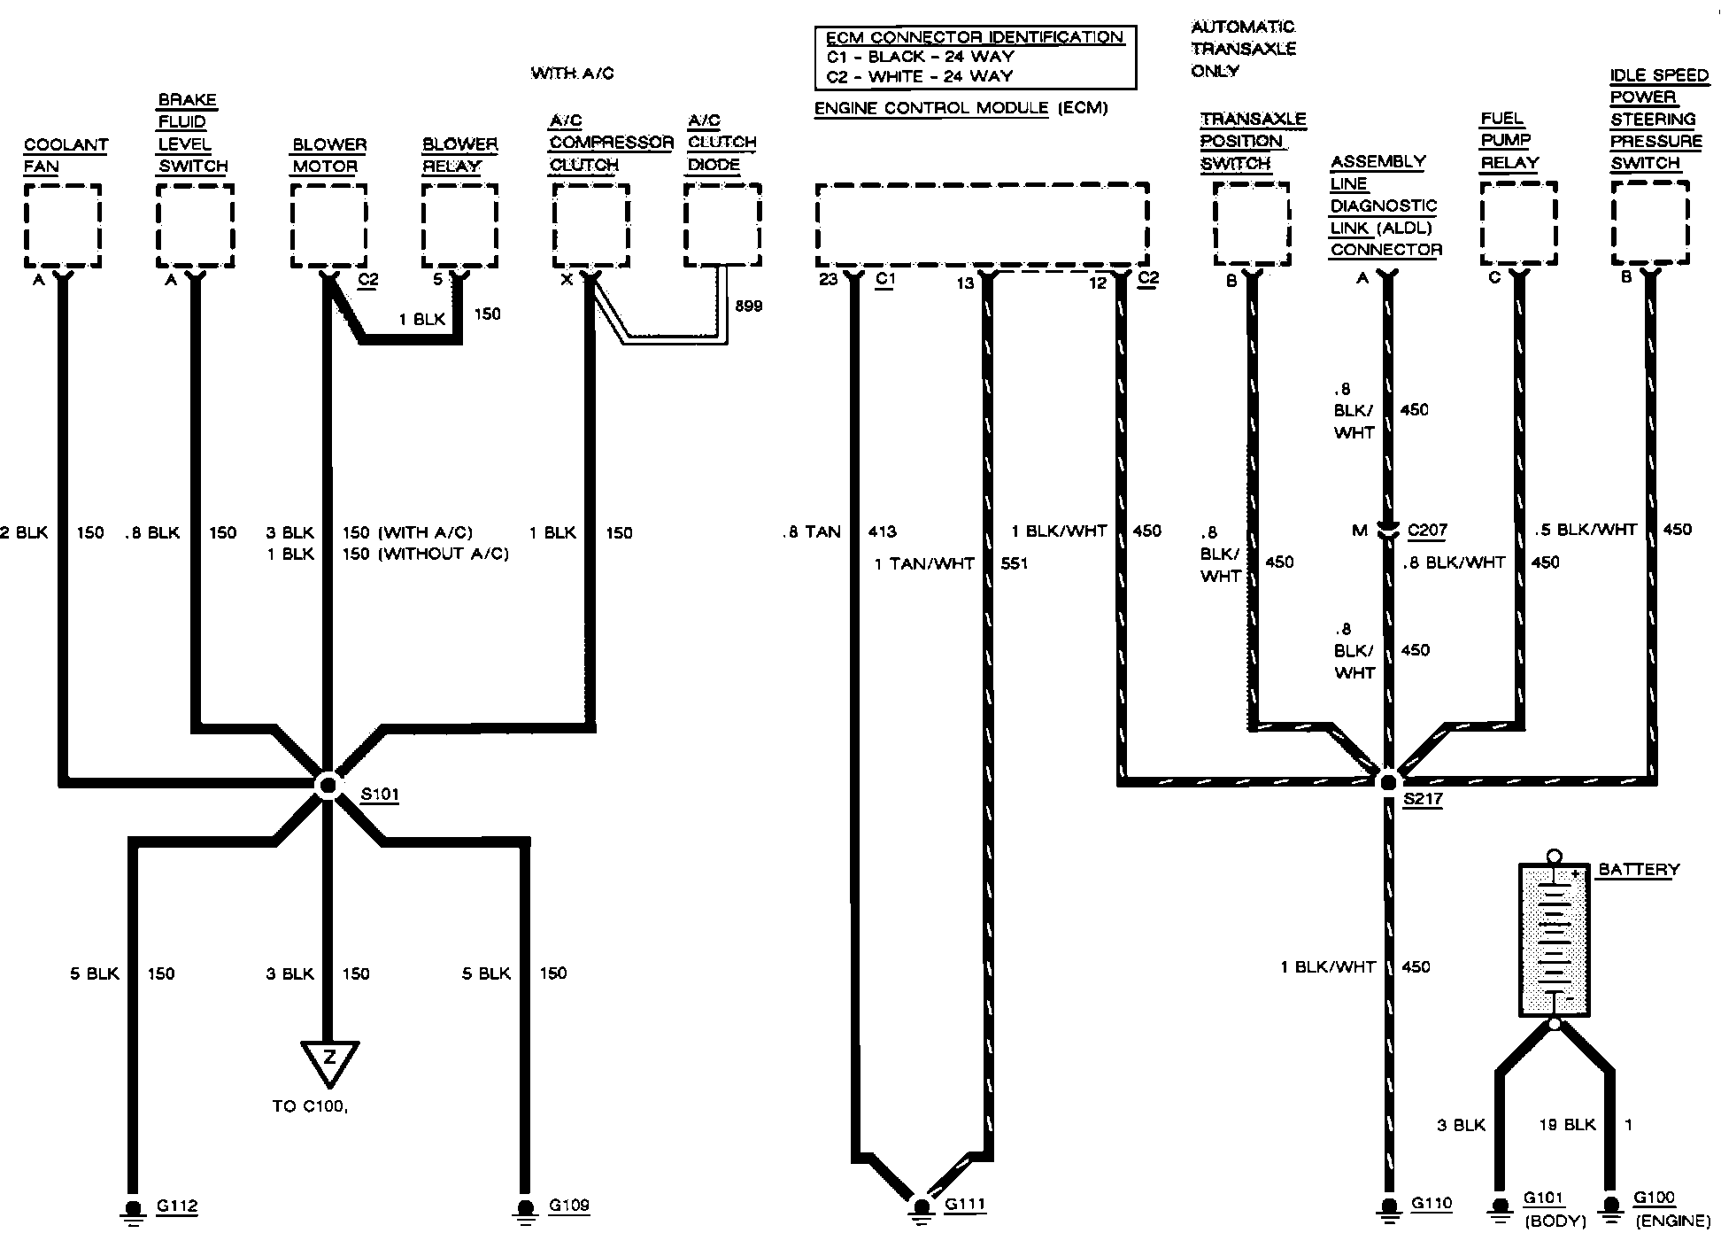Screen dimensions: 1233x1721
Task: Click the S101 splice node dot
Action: (x=328, y=785)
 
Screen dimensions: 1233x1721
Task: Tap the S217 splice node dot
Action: (x=1387, y=781)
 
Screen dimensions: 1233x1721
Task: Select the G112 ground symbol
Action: (x=133, y=1210)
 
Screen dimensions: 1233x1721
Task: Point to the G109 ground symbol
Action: (x=525, y=1210)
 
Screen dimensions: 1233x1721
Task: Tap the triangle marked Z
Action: (x=329, y=1061)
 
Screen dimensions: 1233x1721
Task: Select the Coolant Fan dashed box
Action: (x=62, y=225)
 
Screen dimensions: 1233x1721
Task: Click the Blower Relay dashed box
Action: (x=459, y=225)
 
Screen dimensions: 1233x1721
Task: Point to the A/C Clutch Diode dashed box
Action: (x=722, y=225)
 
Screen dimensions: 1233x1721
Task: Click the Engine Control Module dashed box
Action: (x=982, y=224)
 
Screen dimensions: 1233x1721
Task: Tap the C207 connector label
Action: (x=1427, y=531)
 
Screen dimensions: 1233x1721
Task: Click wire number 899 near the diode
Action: (x=748, y=306)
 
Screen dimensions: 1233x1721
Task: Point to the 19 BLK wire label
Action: (x=1567, y=1125)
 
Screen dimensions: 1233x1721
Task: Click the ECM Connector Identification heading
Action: (x=974, y=37)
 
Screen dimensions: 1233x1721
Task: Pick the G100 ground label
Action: (x=1653, y=1198)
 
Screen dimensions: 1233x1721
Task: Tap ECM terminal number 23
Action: (x=828, y=280)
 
